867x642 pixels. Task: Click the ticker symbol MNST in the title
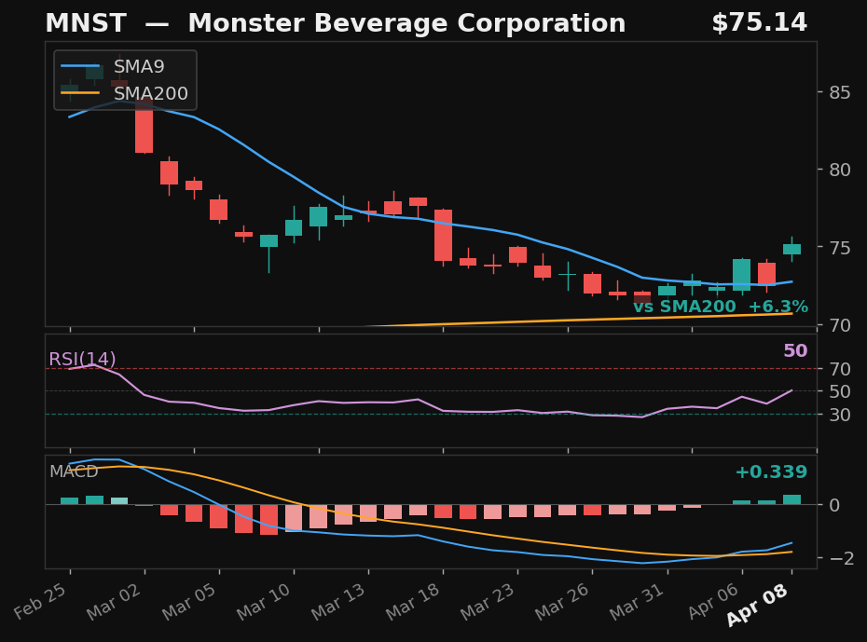(77, 24)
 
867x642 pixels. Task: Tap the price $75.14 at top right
(759, 23)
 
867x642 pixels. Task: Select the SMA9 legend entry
(138, 67)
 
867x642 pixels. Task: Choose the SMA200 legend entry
(150, 94)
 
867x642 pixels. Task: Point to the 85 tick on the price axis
(837, 92)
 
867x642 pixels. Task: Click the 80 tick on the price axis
(837, 170)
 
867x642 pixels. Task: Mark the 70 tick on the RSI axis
(837, 369)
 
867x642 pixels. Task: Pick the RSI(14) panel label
(82, 360)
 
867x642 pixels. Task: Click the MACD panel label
(74, 472)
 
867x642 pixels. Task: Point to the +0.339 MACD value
(770, 472)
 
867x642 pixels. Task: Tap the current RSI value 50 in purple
(794, 351)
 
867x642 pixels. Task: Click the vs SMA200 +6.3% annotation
(720, 307)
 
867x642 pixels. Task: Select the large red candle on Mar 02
(144, 125)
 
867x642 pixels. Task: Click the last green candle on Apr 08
(791, 249)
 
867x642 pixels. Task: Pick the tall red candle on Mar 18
(443, 235)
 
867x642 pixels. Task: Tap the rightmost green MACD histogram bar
(791, 499)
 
